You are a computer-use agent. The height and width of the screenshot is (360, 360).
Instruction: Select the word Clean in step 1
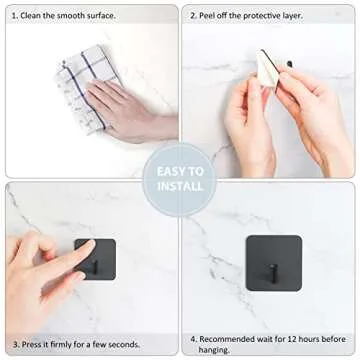point(32,15)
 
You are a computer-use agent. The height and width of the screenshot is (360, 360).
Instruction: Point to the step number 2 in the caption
point(192,15)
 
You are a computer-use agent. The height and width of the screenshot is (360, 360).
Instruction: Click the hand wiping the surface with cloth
point(125,110)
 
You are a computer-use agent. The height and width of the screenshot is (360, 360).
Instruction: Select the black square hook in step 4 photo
point(273,262)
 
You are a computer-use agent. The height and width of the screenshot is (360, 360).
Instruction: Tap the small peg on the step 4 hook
point(273,273)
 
